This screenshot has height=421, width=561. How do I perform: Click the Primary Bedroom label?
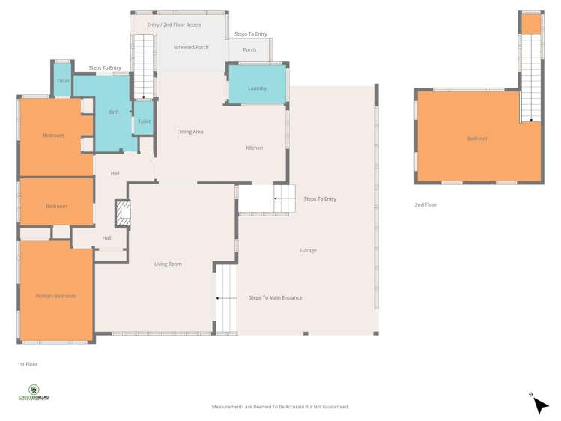55,296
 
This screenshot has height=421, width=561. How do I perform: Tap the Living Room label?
168,264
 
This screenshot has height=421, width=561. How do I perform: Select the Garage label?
308,250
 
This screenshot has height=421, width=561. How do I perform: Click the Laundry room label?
257,88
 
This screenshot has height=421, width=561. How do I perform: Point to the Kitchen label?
254,148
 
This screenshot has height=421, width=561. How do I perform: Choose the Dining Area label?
189,132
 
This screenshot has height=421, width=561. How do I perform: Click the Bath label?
113,112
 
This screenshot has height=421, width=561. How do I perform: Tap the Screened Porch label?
190,47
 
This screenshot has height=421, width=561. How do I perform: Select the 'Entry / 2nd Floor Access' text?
174,25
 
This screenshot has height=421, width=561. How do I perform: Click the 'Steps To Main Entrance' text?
275,297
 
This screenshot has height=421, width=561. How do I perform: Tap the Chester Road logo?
34,393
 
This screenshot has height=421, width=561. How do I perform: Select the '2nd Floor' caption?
425,205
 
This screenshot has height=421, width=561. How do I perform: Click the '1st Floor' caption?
27,364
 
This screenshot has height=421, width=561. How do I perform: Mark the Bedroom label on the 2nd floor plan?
477,139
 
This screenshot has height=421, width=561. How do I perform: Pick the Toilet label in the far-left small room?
63,81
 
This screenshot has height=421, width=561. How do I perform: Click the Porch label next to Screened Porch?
249,50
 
